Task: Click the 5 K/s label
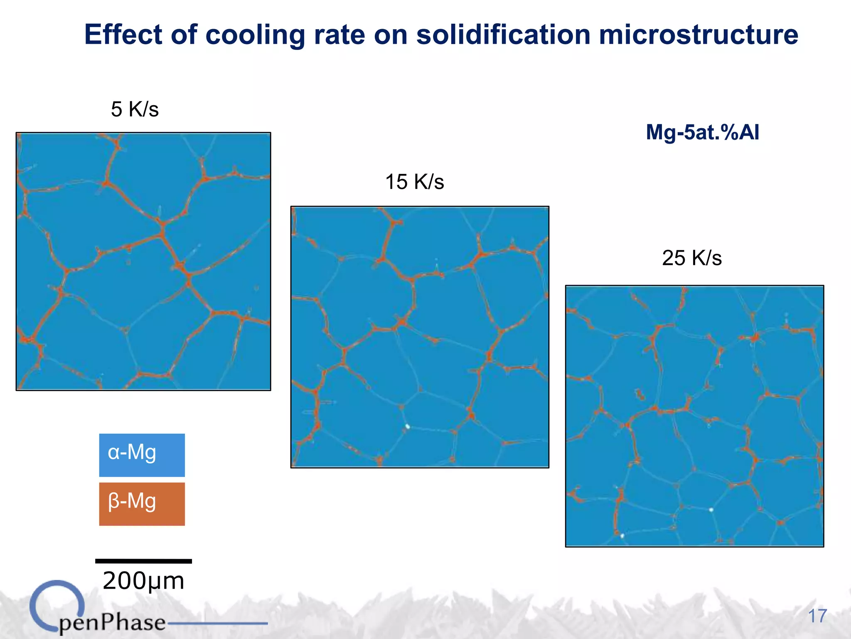point(135,109)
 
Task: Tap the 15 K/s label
point(414,182)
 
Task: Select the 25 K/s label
point(692,258)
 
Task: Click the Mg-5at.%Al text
point(702,133)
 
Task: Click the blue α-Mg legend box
point(142,455)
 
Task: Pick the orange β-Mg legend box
point(142,504)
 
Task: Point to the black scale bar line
point(143,561)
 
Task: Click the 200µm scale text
point(143,581)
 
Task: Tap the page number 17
point(817,616)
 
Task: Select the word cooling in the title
point(255,35)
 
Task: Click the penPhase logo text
point(112,623)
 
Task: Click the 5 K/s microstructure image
point(143,261)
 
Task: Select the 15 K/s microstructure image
point(420,337)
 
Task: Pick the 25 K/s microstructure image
point(694,416)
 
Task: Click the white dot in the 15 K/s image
point(408,426)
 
